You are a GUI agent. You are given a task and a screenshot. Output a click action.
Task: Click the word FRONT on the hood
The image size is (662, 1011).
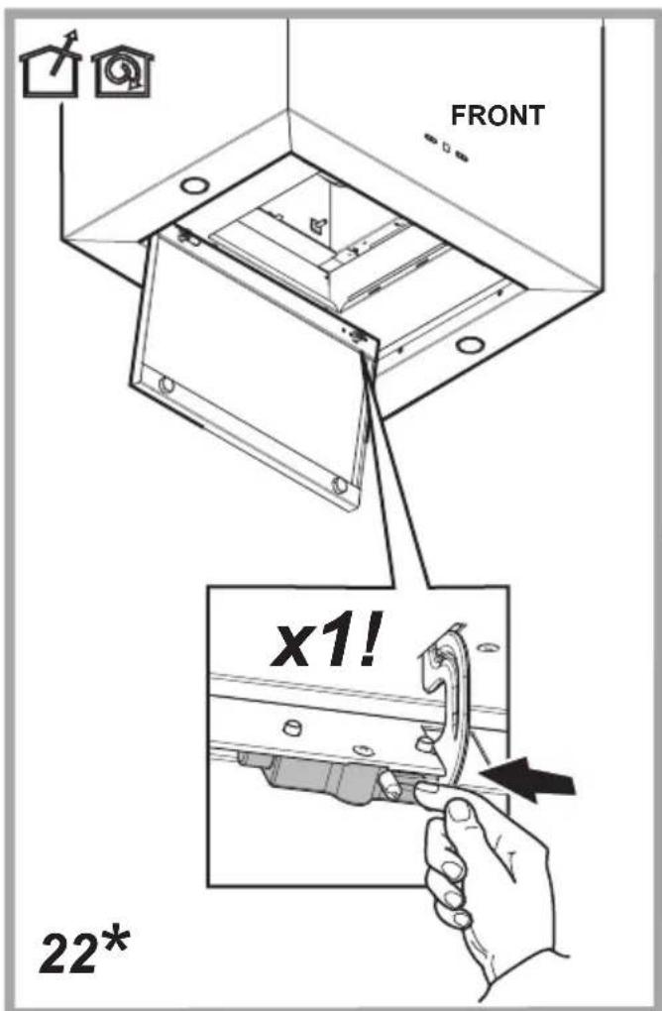click(496, 116)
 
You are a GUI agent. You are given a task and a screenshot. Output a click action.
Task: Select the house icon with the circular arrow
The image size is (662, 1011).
click(123, 72)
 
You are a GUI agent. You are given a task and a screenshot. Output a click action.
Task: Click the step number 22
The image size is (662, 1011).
click(67, 952)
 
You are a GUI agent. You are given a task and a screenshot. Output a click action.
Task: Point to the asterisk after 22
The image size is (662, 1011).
click(114, 942)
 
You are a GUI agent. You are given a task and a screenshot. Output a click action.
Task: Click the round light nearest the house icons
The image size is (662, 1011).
click(194, 185)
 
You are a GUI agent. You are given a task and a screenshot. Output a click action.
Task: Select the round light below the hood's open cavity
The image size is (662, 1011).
click(470, 344)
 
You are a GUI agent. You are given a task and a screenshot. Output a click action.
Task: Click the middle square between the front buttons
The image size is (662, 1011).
click(446, 147)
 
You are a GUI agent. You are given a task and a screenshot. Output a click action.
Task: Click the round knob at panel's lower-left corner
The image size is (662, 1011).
click(165, 385)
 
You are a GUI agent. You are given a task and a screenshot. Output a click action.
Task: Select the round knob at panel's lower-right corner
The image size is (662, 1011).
click(338, 485)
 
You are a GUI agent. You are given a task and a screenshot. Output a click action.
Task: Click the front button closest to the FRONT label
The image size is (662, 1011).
click(461, 156)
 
